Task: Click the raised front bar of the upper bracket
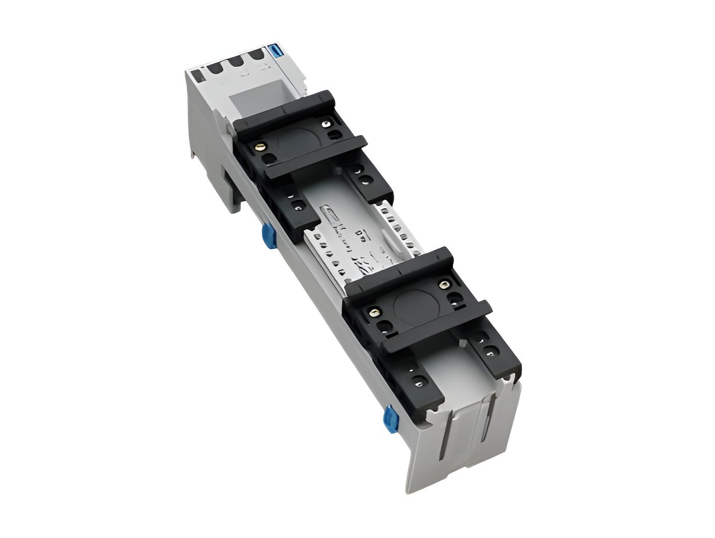click(x=317, y=156)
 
